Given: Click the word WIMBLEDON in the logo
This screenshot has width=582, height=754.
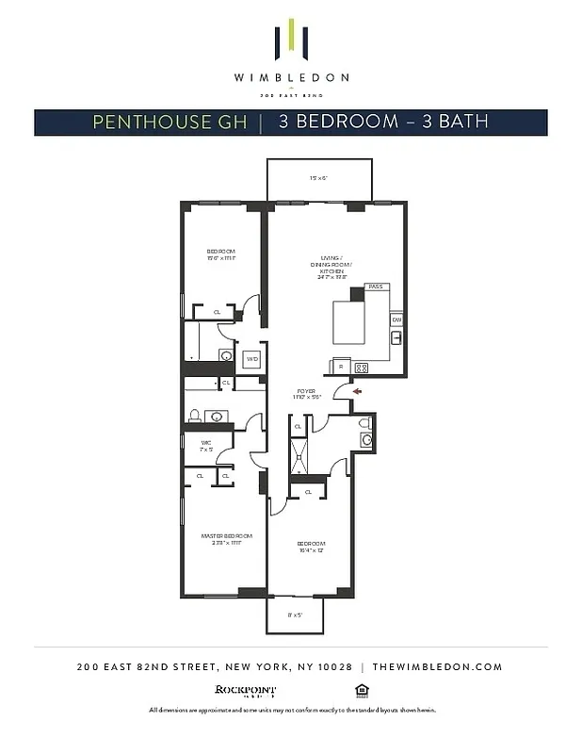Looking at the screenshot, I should (x=291, y=77).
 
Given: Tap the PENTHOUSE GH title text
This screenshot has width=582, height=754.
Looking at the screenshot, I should (x=170, y=123).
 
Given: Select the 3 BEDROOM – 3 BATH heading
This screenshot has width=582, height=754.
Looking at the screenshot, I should (x=383, y=123).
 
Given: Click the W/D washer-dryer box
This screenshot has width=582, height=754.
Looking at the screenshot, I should (x=252, y=359).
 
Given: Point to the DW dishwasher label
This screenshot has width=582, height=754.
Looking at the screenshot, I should (x=396, y=320).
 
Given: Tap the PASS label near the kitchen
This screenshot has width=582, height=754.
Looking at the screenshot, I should (x=375, y=287).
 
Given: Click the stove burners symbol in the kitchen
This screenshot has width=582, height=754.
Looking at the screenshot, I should (x=360, y=367).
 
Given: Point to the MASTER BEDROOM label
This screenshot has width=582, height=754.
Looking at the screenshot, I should (x=222, y=538).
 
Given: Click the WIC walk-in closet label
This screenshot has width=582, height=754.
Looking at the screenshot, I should (x=206, y=446).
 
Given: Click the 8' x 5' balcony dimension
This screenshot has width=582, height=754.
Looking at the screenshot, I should (x=295, y=615).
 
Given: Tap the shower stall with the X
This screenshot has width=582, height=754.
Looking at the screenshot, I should (x=299, y=460).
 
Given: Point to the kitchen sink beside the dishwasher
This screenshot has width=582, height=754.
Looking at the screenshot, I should (x=396, y=337).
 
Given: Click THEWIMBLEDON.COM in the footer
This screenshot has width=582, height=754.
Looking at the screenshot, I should (x=437, y=666).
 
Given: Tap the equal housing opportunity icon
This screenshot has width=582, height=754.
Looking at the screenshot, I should (x=361, y=689).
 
